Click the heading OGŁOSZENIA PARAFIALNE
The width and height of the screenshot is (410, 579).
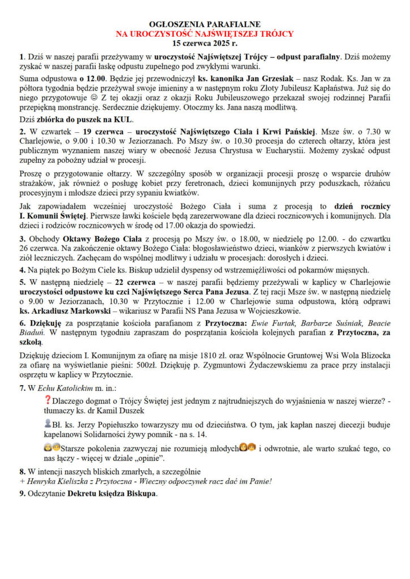pos(204,24)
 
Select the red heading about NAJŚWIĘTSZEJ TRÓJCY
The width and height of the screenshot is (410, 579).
pos(204,33)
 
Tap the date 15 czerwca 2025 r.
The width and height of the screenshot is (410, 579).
pos(204,42)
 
